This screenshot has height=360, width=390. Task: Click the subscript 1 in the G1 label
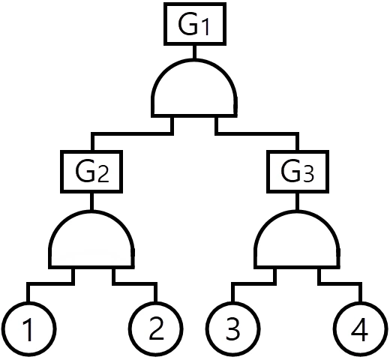(205, 28)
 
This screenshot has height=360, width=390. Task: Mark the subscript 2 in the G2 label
(103, 175)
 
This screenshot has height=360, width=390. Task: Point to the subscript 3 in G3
(307, 175)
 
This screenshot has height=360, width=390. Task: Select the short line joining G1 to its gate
(194, 52)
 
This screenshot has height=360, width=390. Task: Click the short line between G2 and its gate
(91, 202)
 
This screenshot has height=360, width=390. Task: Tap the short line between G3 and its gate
(297, 202)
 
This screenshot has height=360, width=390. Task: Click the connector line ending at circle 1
(50, 283)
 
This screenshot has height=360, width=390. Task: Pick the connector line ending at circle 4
(340, 283)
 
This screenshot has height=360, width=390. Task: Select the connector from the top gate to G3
(257, 133)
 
